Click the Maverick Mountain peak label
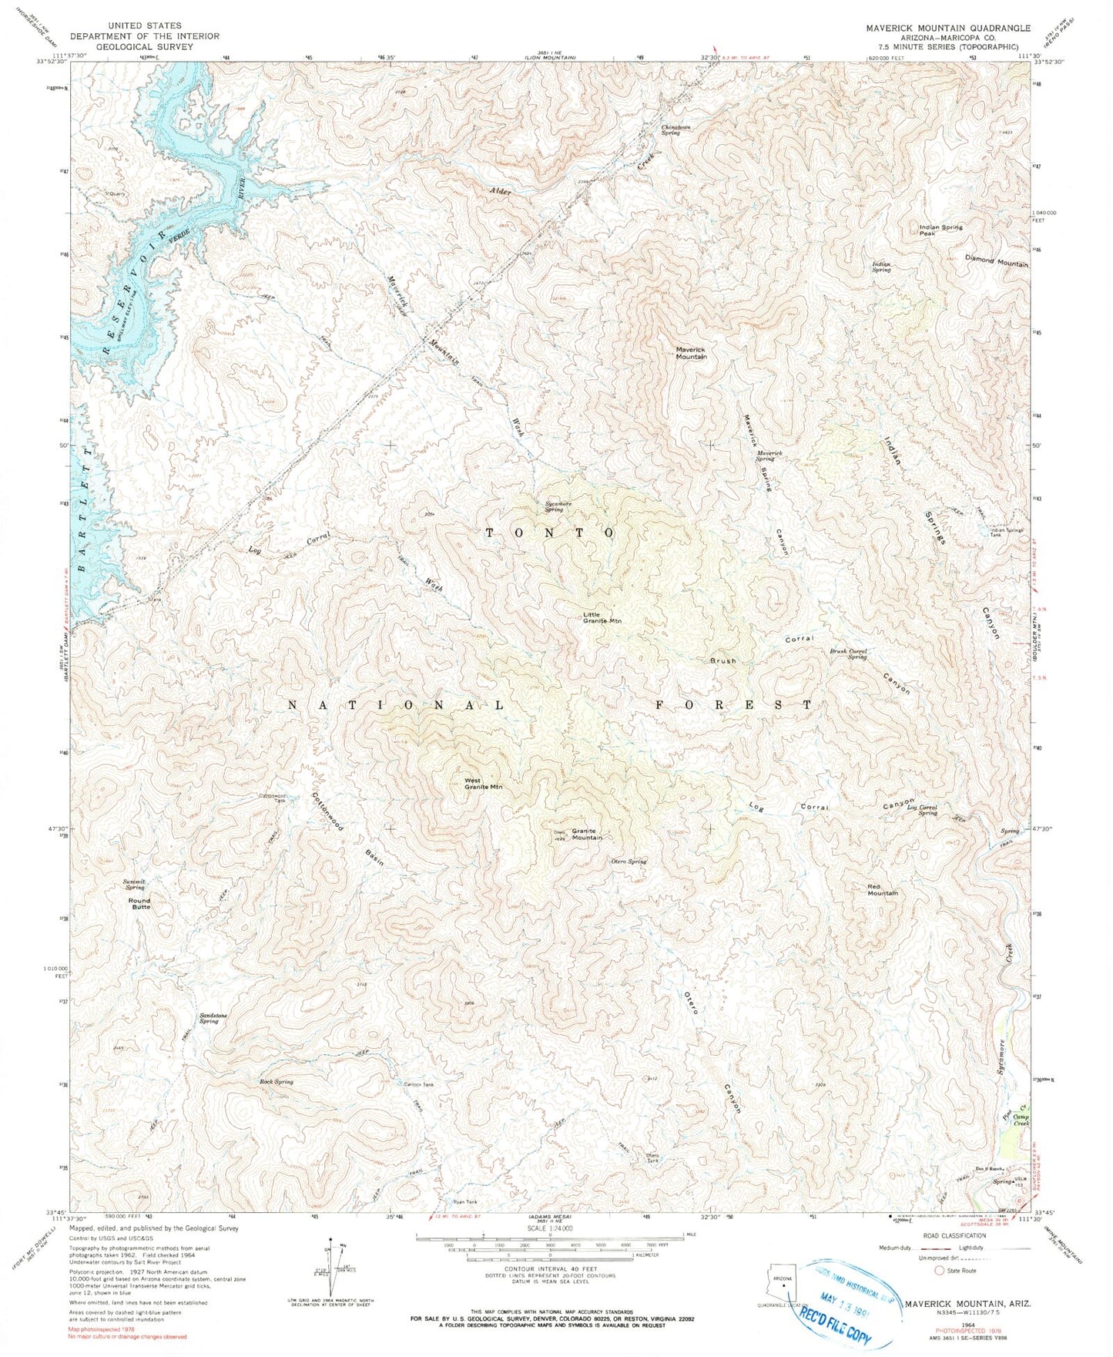tap(691, 353)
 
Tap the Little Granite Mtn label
tap(602, 617)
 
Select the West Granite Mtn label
tap(483, 784)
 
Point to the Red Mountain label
tap(882, 890)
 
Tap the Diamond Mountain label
tap(996, 264)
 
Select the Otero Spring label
tap(629, 862)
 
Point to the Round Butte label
tap(139, 904)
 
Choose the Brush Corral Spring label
tap(848, 653)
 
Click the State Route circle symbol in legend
tap(939, 1271)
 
